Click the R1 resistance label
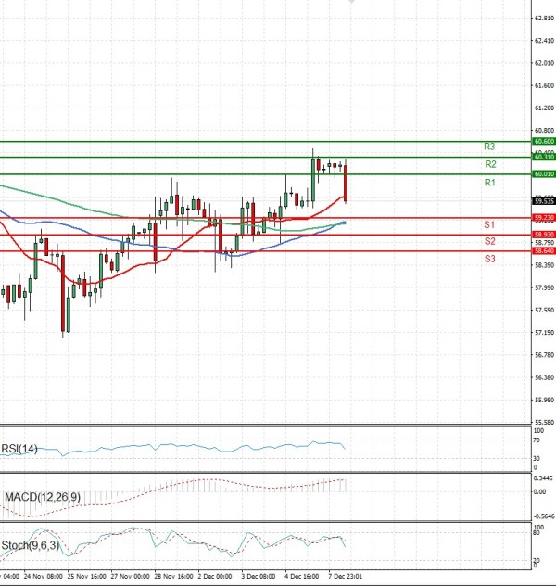tap(489, 184)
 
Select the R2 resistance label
tap(489, 164)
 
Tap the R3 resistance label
tap(489, 146)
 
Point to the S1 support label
tap(488, 225)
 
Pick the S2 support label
tap(488, 241)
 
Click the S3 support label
tap(488, 259)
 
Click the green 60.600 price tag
tap(543, 141)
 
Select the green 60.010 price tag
tap(543, 174)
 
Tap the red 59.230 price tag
tap(543, 218)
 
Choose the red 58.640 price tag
tap(543, 251)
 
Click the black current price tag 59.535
tap(543, 200)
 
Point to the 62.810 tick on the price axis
tap(544, 18)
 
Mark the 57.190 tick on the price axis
tap(544, 332)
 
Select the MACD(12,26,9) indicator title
tap(41, 498)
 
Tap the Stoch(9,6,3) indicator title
tap(32, 545)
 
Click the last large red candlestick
tap(346, 183)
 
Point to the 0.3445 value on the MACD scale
tap(544, 478)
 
